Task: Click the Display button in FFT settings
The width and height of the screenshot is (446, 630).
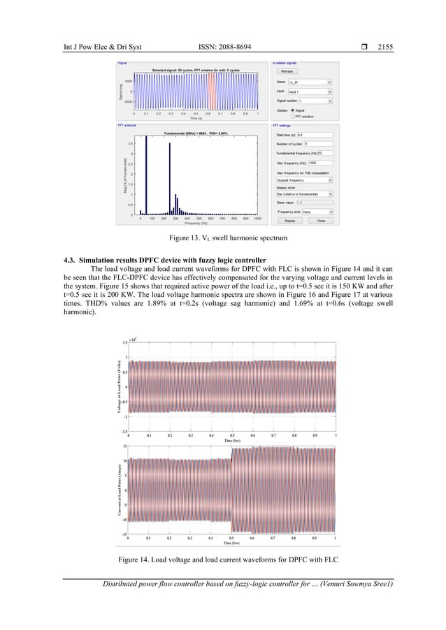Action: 289,221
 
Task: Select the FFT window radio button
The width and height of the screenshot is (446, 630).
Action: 279,116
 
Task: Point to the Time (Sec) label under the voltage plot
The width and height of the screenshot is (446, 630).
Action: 233,441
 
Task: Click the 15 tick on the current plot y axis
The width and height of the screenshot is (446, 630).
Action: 124,446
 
